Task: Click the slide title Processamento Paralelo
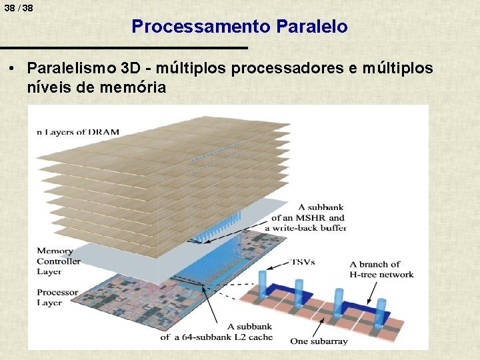click(x=239, y=27)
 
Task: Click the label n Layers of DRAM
click(x=78, y=132)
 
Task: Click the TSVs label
click(x=303, y=261)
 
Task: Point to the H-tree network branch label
click(x=381, y=269)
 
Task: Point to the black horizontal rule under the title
click(x=123, y=48)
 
